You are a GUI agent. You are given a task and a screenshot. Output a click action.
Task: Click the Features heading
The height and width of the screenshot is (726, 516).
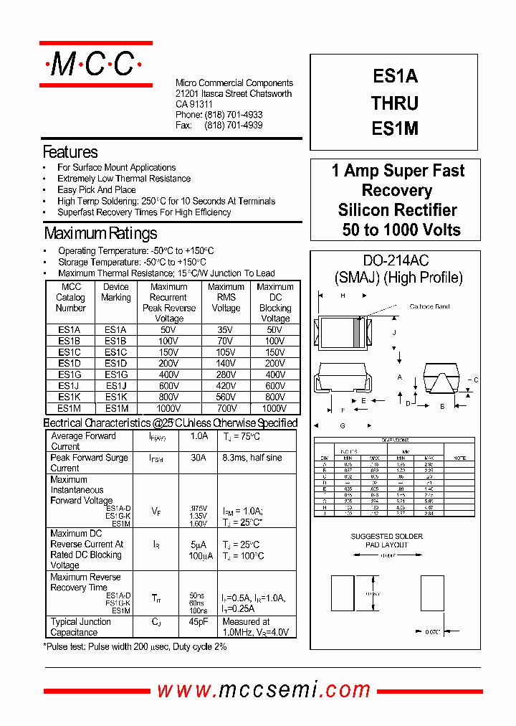(x=70, y=152)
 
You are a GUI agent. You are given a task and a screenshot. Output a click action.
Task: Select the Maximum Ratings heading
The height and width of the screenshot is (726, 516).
(x=100, y=233)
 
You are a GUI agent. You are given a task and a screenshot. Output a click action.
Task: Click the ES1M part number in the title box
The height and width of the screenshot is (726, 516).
(x=395, y=130)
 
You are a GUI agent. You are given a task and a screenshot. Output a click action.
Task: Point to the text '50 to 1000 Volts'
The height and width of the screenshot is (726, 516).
(x=401, y=230)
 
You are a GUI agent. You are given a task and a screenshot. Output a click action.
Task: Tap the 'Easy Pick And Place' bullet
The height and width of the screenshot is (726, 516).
(x=97, y=190)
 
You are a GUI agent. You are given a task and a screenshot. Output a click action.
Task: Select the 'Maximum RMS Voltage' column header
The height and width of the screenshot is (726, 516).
(x=226, y=297)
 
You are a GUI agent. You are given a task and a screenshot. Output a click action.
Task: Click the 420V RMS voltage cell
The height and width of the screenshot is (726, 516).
(x=226, y=385)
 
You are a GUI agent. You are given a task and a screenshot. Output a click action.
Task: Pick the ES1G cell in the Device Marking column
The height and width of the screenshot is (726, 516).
(x=116, y=374)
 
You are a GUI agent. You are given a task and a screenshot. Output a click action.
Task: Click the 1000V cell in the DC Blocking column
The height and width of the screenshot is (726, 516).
(x=274, y=407)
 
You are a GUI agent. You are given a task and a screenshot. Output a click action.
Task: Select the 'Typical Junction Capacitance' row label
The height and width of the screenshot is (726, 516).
(x=80, y=627)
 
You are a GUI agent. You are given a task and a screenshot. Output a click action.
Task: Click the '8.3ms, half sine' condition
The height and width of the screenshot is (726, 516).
(x=252, y=458)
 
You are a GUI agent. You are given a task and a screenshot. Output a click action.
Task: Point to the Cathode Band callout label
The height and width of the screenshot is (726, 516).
(x=429, y=306)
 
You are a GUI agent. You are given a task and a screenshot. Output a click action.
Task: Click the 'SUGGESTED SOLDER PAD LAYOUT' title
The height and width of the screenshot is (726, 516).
(x=387, y=540)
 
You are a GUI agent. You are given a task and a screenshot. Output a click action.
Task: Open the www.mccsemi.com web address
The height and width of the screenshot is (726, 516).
(x=264, y=690)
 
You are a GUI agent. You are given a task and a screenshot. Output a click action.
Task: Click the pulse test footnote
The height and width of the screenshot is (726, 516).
(x=135, y=646)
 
